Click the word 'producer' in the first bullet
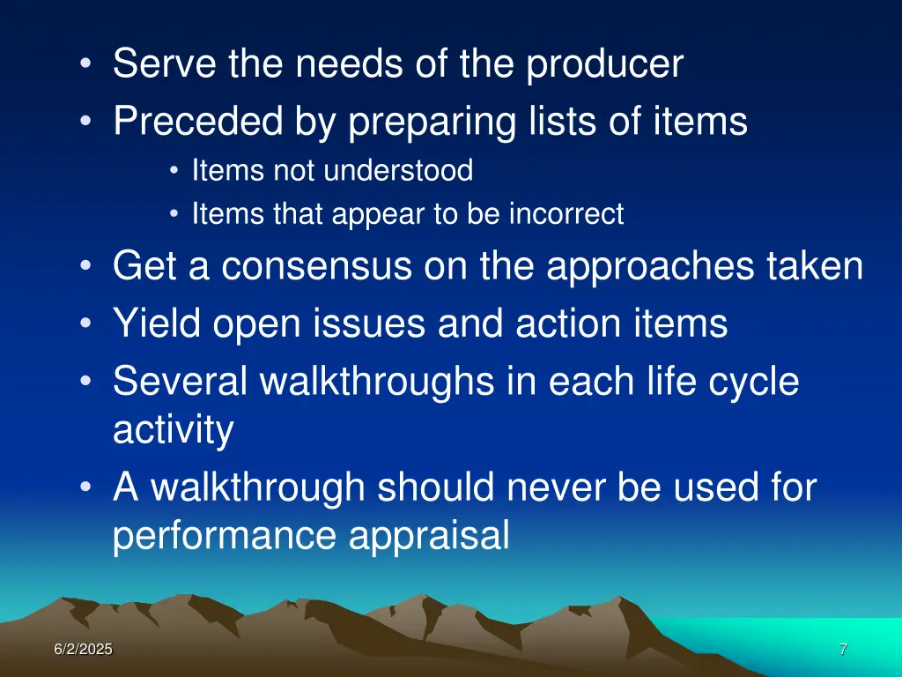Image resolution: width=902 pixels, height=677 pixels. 605,64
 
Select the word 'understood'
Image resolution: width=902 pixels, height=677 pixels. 398,170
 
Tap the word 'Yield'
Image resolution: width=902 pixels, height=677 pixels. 151,324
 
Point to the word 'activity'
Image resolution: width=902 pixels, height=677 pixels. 174,431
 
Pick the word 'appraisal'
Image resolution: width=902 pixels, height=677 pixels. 429,536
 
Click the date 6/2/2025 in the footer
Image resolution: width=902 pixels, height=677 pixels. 83,650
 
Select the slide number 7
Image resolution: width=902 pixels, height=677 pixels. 843,650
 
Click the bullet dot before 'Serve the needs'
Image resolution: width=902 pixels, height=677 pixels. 84,64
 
